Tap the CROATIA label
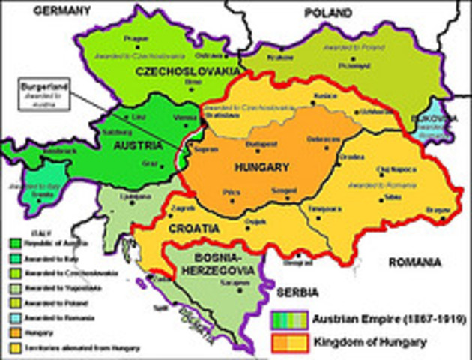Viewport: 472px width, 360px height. (194, 226)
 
